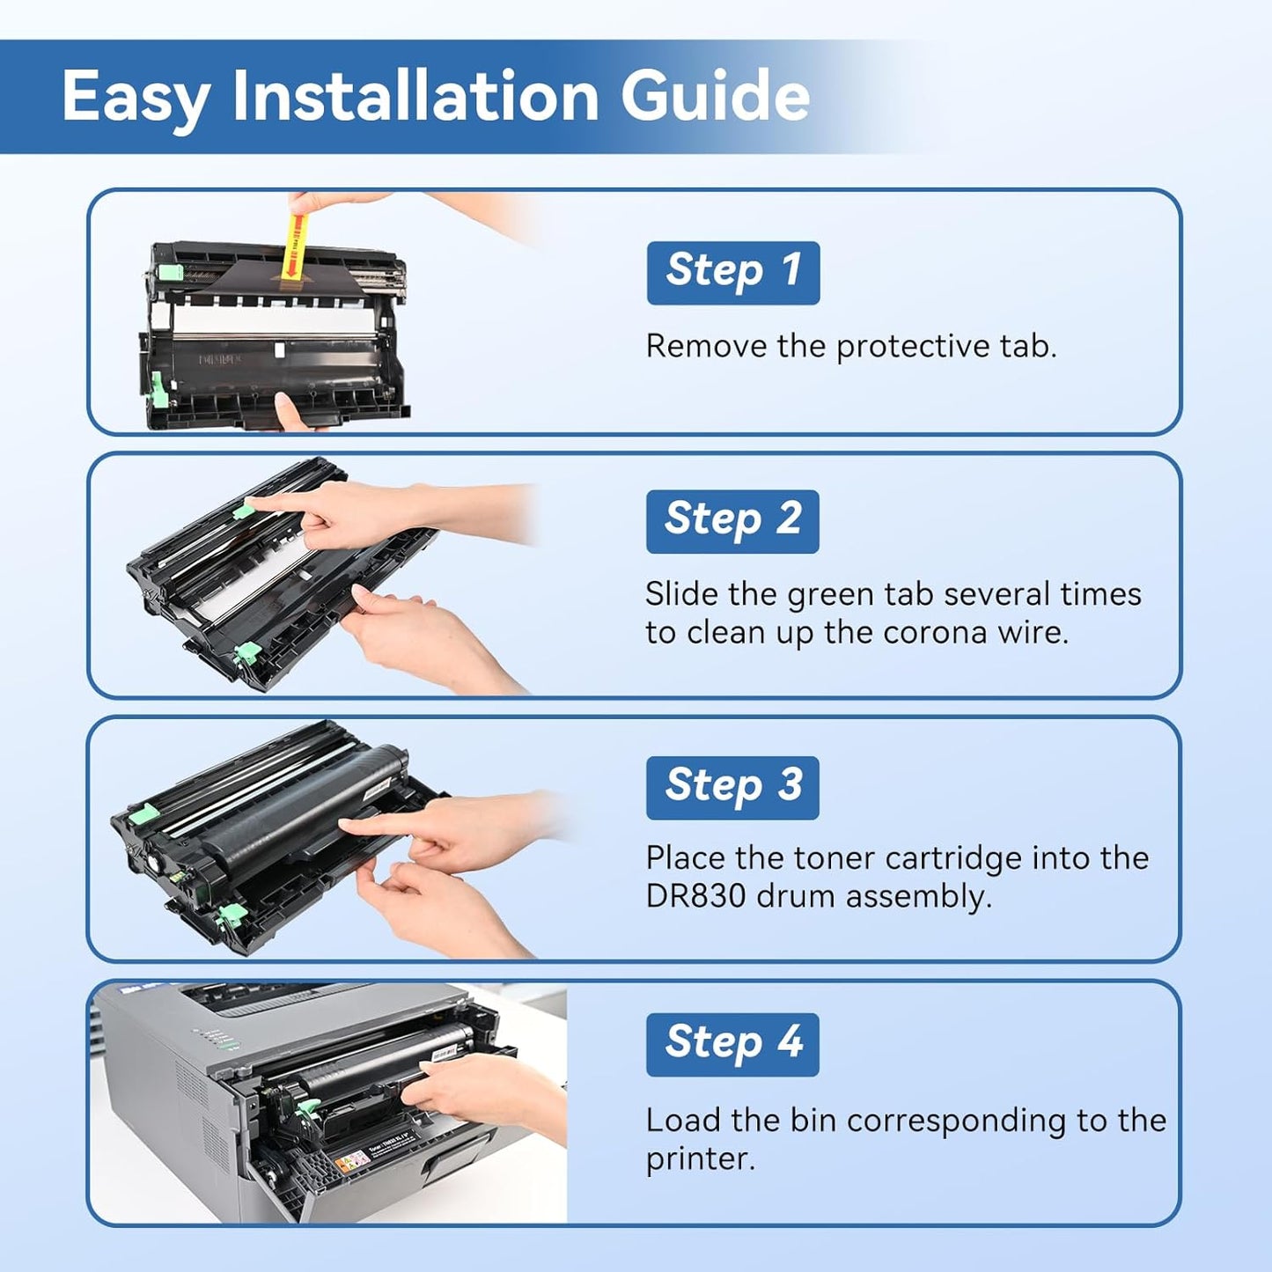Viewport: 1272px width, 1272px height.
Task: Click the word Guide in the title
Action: [715, 96]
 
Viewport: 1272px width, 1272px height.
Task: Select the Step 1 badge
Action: [732, 272]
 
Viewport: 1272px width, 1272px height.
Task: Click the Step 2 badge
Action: [732, 521]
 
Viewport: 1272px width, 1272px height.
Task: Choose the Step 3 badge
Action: [732, 787]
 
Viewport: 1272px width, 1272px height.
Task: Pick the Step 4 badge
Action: [732, 1044]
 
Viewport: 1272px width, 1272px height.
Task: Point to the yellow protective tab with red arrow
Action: [294, 242]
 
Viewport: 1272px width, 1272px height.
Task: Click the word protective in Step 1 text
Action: [914, 347]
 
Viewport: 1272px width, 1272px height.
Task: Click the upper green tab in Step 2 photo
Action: [244, 510]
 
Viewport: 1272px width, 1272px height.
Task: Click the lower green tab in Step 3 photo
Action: [231, 915]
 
